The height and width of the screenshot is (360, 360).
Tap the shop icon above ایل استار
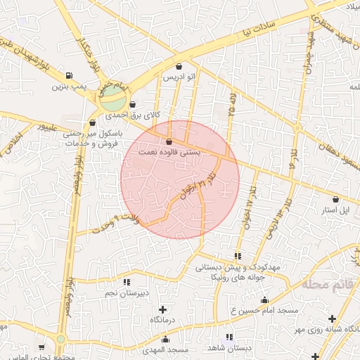(x=335, y=200)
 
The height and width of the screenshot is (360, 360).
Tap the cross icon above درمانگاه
(x=163, y=309)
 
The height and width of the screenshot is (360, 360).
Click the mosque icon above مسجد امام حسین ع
(x=264, y=300)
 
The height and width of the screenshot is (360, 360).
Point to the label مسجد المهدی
(x=166, y=349)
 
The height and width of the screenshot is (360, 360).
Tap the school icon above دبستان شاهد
(x=229, y=337)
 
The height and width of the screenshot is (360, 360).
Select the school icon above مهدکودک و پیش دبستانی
(x=238, y=256)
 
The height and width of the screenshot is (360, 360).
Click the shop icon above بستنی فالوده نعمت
(x=168, y=141)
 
